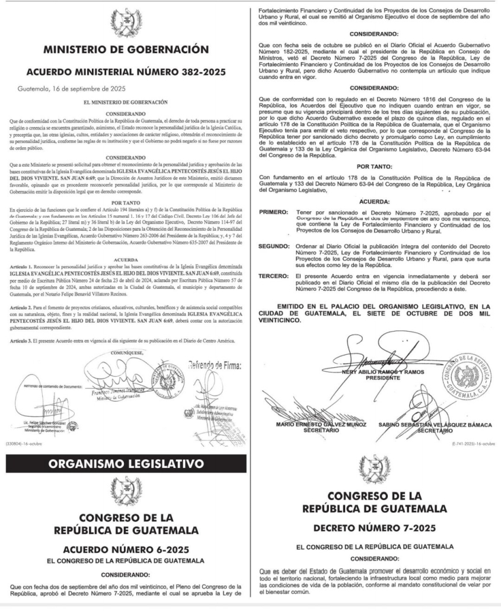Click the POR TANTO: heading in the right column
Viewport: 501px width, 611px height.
click(375, 168)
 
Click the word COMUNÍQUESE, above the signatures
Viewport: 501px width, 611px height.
click(125, 352)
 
